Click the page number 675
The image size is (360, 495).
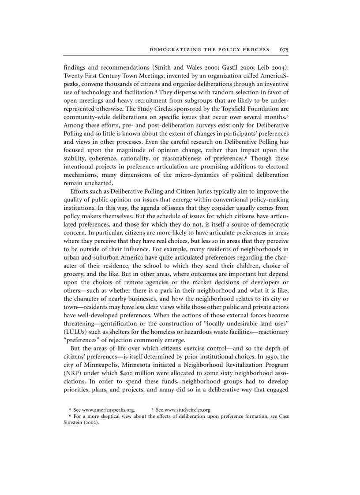284,50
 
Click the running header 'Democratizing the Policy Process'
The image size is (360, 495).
210,50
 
